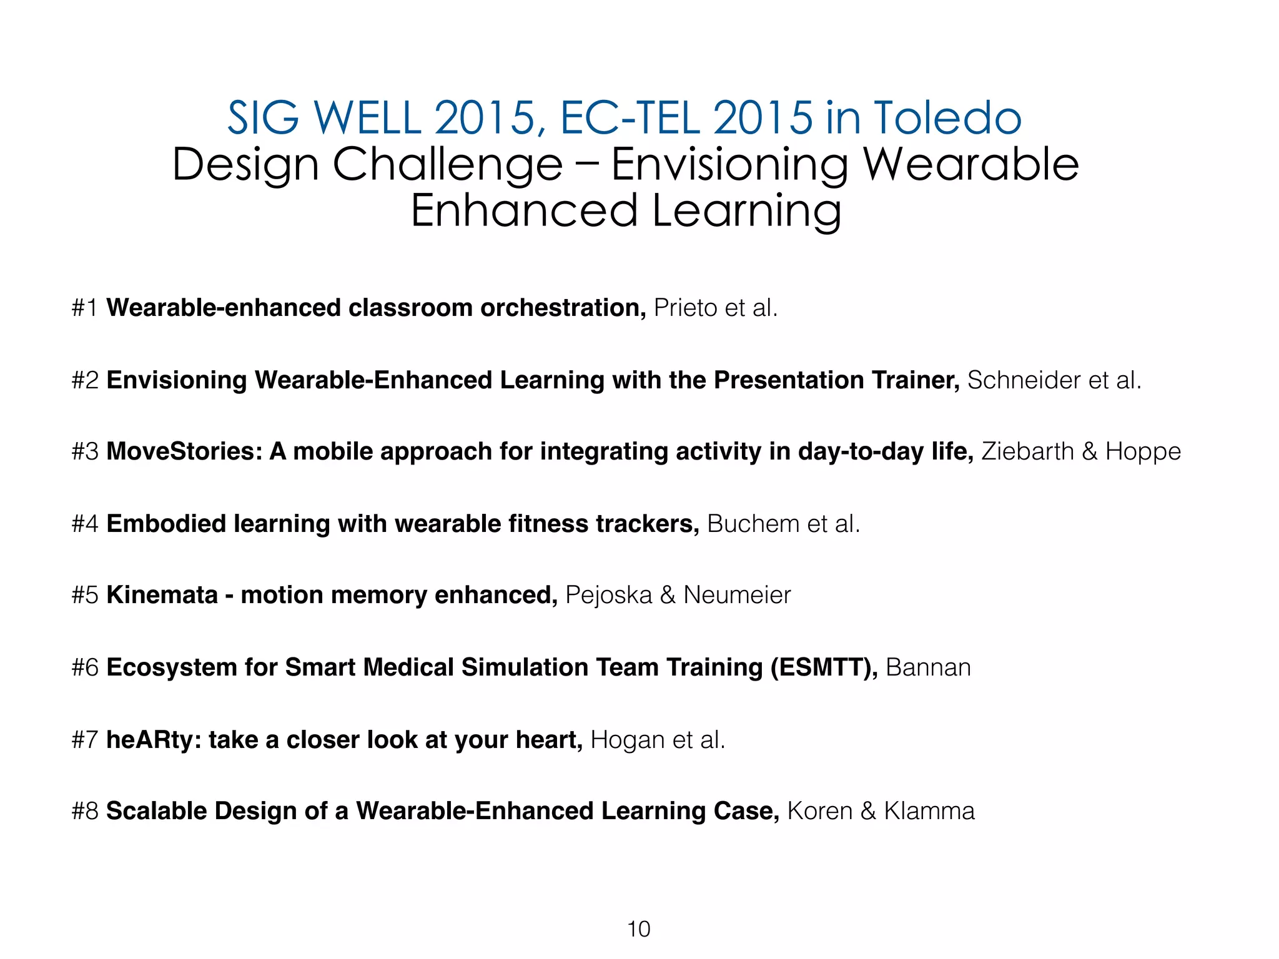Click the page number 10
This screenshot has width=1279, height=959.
(x=638, y=929)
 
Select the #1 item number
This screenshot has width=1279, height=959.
(x=85, y=308)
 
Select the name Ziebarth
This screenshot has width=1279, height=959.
(x=1027, y=451)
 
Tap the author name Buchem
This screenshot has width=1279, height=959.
(x=753, y=524)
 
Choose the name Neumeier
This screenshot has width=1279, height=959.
(x=737, y=595)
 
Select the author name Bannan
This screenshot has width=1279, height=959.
(x=928, y=667)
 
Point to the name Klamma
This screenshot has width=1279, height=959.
(x=929, y=811)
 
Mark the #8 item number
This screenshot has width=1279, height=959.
(x=85, y=811)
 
